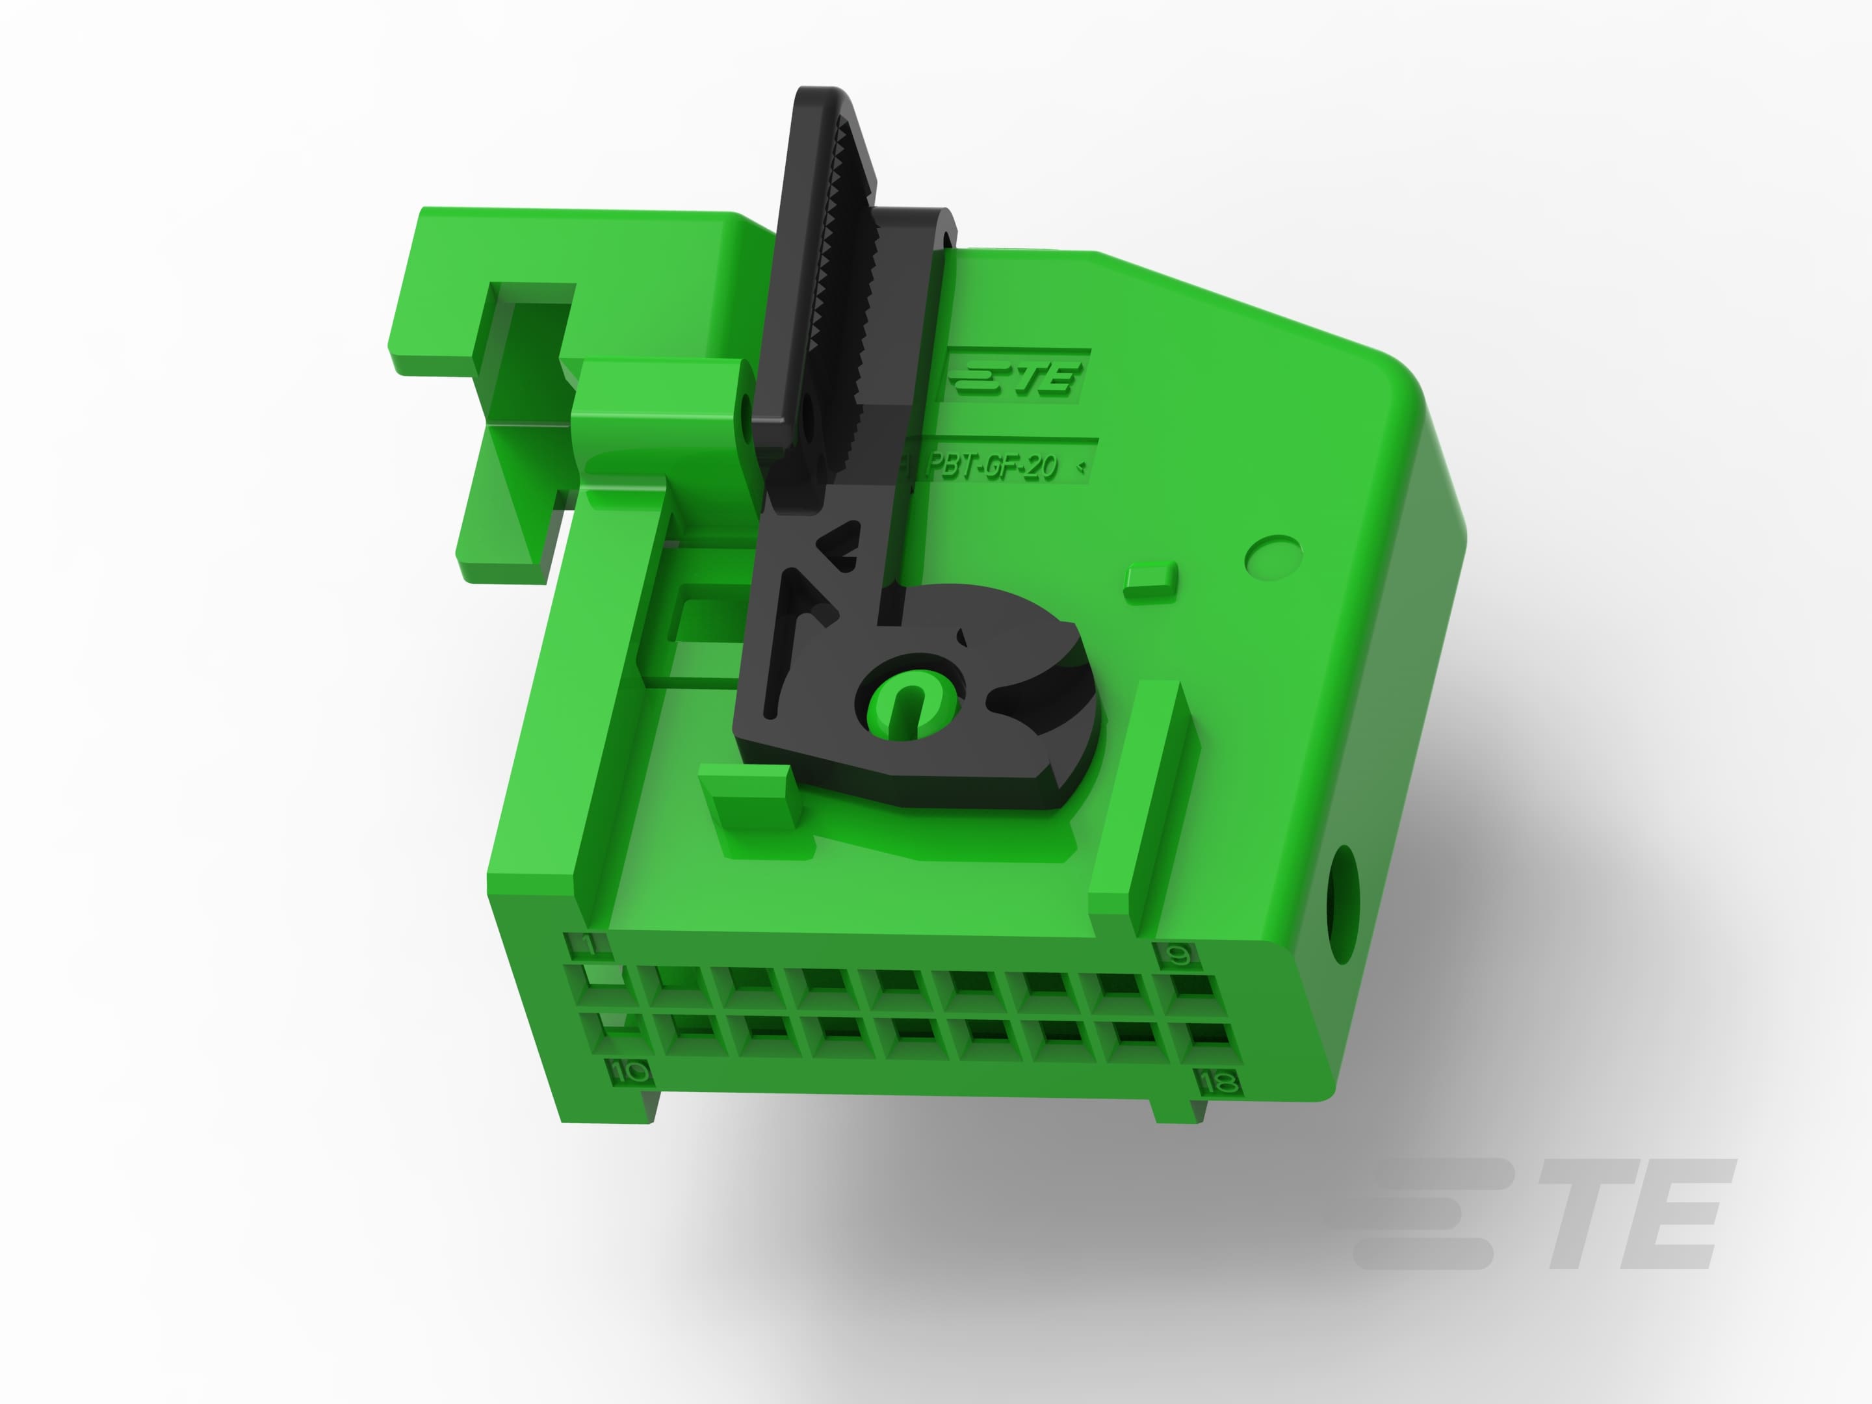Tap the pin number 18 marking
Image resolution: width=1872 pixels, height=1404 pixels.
1218,1082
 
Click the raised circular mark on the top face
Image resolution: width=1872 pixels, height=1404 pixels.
1273,556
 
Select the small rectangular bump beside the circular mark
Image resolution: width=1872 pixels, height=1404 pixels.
1150,580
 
